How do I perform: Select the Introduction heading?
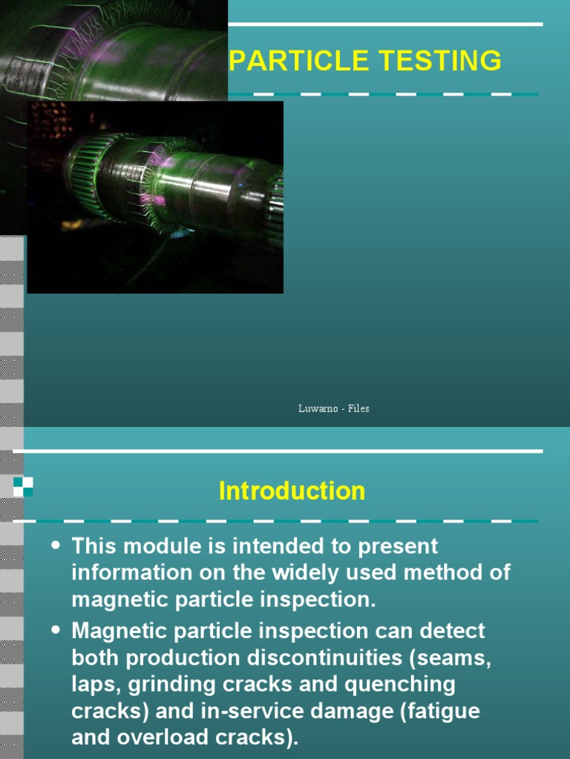(292, 491)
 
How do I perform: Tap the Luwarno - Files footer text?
(333, 408)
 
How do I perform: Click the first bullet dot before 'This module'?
(56, 546)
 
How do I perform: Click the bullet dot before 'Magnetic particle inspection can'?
(56, 630)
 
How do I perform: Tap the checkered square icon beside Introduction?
(23, 486)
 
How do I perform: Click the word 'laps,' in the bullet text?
(94, 684)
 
